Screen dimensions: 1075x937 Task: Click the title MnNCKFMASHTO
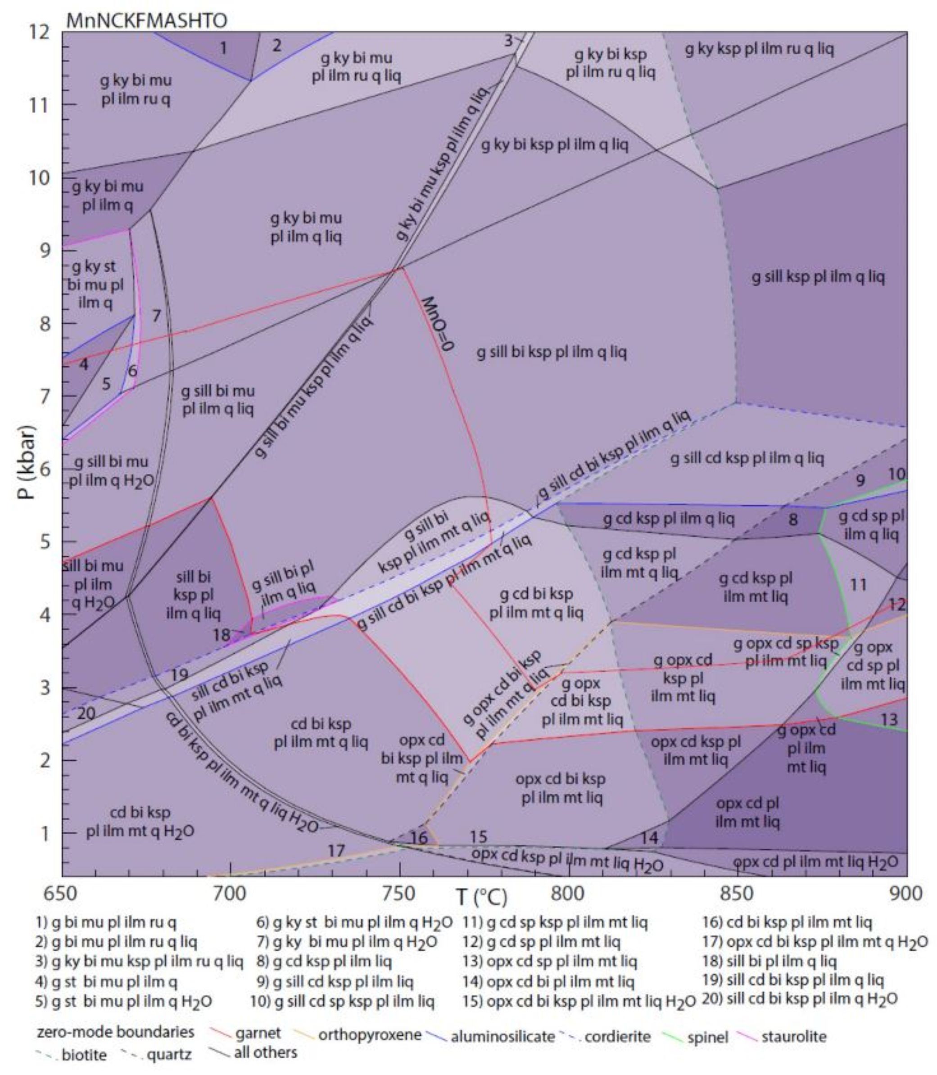tap(146, 20)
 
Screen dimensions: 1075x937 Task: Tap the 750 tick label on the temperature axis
tap(399, 893)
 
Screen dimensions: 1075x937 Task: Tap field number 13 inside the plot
tap(889, 720)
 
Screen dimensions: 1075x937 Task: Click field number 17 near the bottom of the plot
tap(336, 851)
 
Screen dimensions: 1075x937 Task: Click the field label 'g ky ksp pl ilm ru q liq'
tap(759, 50)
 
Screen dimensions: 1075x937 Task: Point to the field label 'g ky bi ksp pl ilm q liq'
tap(554, 145)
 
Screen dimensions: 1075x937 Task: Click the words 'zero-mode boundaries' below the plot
tap(116, 1032)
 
